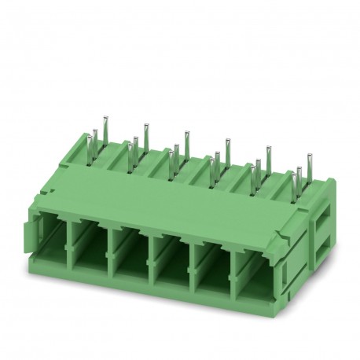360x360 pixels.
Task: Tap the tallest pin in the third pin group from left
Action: [186, 139]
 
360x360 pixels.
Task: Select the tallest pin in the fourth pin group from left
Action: [226, 148]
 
